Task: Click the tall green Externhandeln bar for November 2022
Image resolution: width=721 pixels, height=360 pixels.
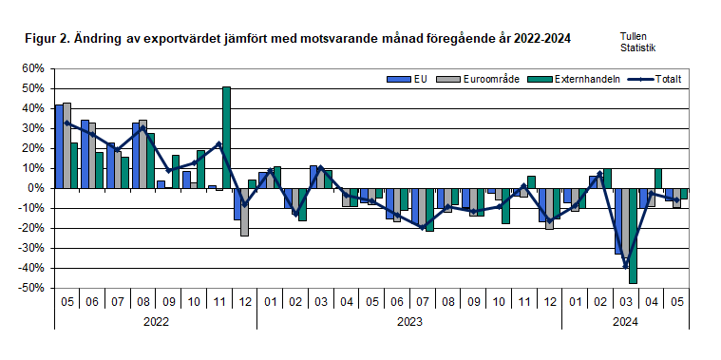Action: (x=227, y=138)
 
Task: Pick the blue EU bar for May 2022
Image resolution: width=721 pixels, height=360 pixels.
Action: (x=59, y=146)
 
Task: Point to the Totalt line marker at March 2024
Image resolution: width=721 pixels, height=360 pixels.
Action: (x=626, y=266)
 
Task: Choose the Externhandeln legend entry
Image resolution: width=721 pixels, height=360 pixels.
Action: (x=569, y=79)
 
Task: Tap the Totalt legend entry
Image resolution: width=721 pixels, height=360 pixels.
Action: (x=659, y=79)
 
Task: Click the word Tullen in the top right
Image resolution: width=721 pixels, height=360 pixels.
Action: (x=635, y=34)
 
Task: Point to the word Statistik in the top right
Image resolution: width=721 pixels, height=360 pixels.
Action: (x=638, y=47)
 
